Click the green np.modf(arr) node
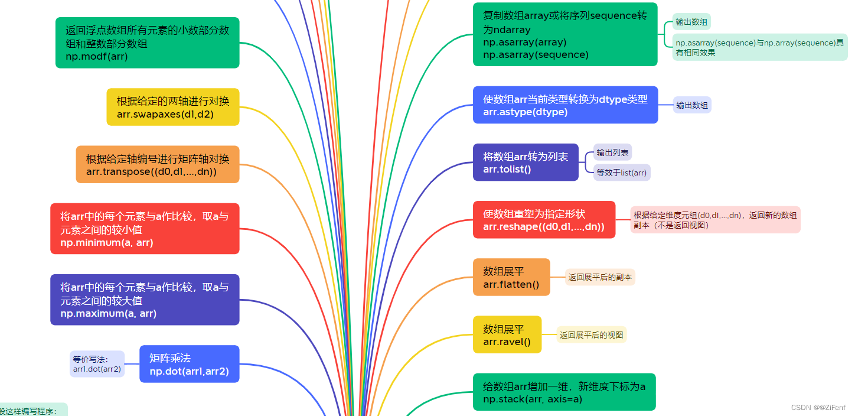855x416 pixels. click(147, 43)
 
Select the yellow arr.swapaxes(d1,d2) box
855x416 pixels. click(172, 107)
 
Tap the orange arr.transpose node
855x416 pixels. click(157, 164)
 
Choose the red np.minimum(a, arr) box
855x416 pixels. click(145, 229)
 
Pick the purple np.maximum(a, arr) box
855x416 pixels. click(145, 300)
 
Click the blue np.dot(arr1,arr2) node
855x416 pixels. click(189, 364)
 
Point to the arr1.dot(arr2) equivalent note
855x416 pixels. click(97, 364)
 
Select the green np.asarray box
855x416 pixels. click(564, 34)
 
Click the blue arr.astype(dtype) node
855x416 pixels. click(565, 105)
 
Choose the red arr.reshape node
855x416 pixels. click(543, 220)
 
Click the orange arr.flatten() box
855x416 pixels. click(511, 277)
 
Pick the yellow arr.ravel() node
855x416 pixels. click(507, 334)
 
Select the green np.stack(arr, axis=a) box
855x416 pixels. click(564, 392)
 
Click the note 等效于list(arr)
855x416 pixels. click(622, 173)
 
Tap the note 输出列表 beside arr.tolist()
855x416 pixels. click(612, 152)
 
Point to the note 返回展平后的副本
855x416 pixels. click(600, 277)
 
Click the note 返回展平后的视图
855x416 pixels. click(591, 335)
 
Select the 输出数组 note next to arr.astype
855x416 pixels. click(692, 105)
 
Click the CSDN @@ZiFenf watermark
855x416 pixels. click(818, 407)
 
